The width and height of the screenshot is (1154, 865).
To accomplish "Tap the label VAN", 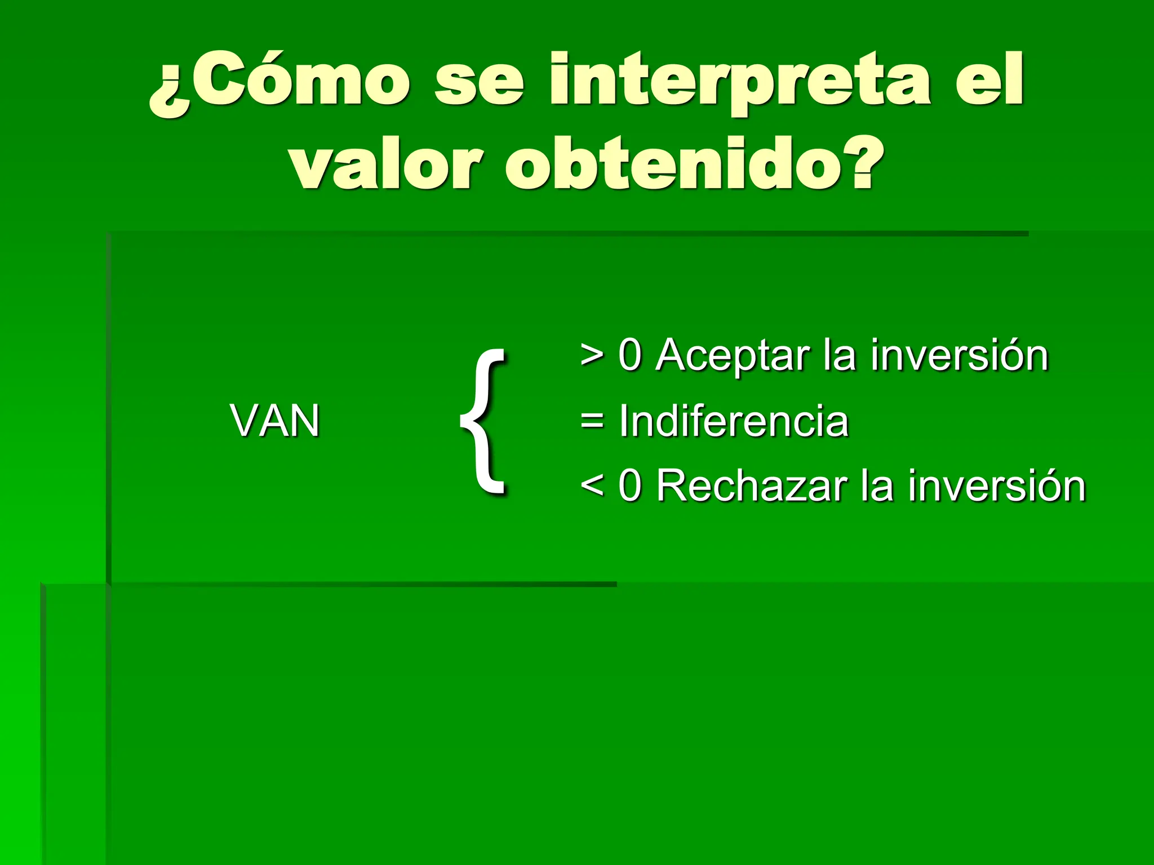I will pos(275,421).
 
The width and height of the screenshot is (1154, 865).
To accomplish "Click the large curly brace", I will pos(483,421).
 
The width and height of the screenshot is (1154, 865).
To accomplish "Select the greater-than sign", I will pos(592,356).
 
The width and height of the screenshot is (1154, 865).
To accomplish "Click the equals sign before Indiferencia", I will pos(592,421).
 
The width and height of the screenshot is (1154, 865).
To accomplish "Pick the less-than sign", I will pos(592,485).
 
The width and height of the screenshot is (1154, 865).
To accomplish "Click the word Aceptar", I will pos(733,356).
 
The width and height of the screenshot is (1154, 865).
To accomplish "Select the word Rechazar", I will pos(752,485).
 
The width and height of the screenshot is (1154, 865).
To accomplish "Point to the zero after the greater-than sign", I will pos(630,356).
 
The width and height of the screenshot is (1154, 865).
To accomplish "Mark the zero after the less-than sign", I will pos(630,485).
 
